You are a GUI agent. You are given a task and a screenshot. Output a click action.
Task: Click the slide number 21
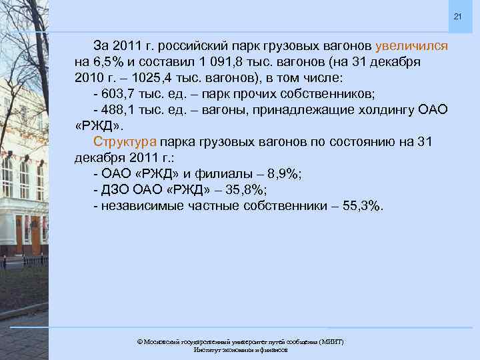(x=457, y=16)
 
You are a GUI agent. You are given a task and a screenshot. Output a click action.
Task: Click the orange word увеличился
(x=412, y=47)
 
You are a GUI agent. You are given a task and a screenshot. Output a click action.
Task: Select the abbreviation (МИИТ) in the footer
(x=331, y=341)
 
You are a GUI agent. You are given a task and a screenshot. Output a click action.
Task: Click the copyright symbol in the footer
(x=139, y=341)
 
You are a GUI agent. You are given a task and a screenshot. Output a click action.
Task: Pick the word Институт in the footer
(x=207, y=349)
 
